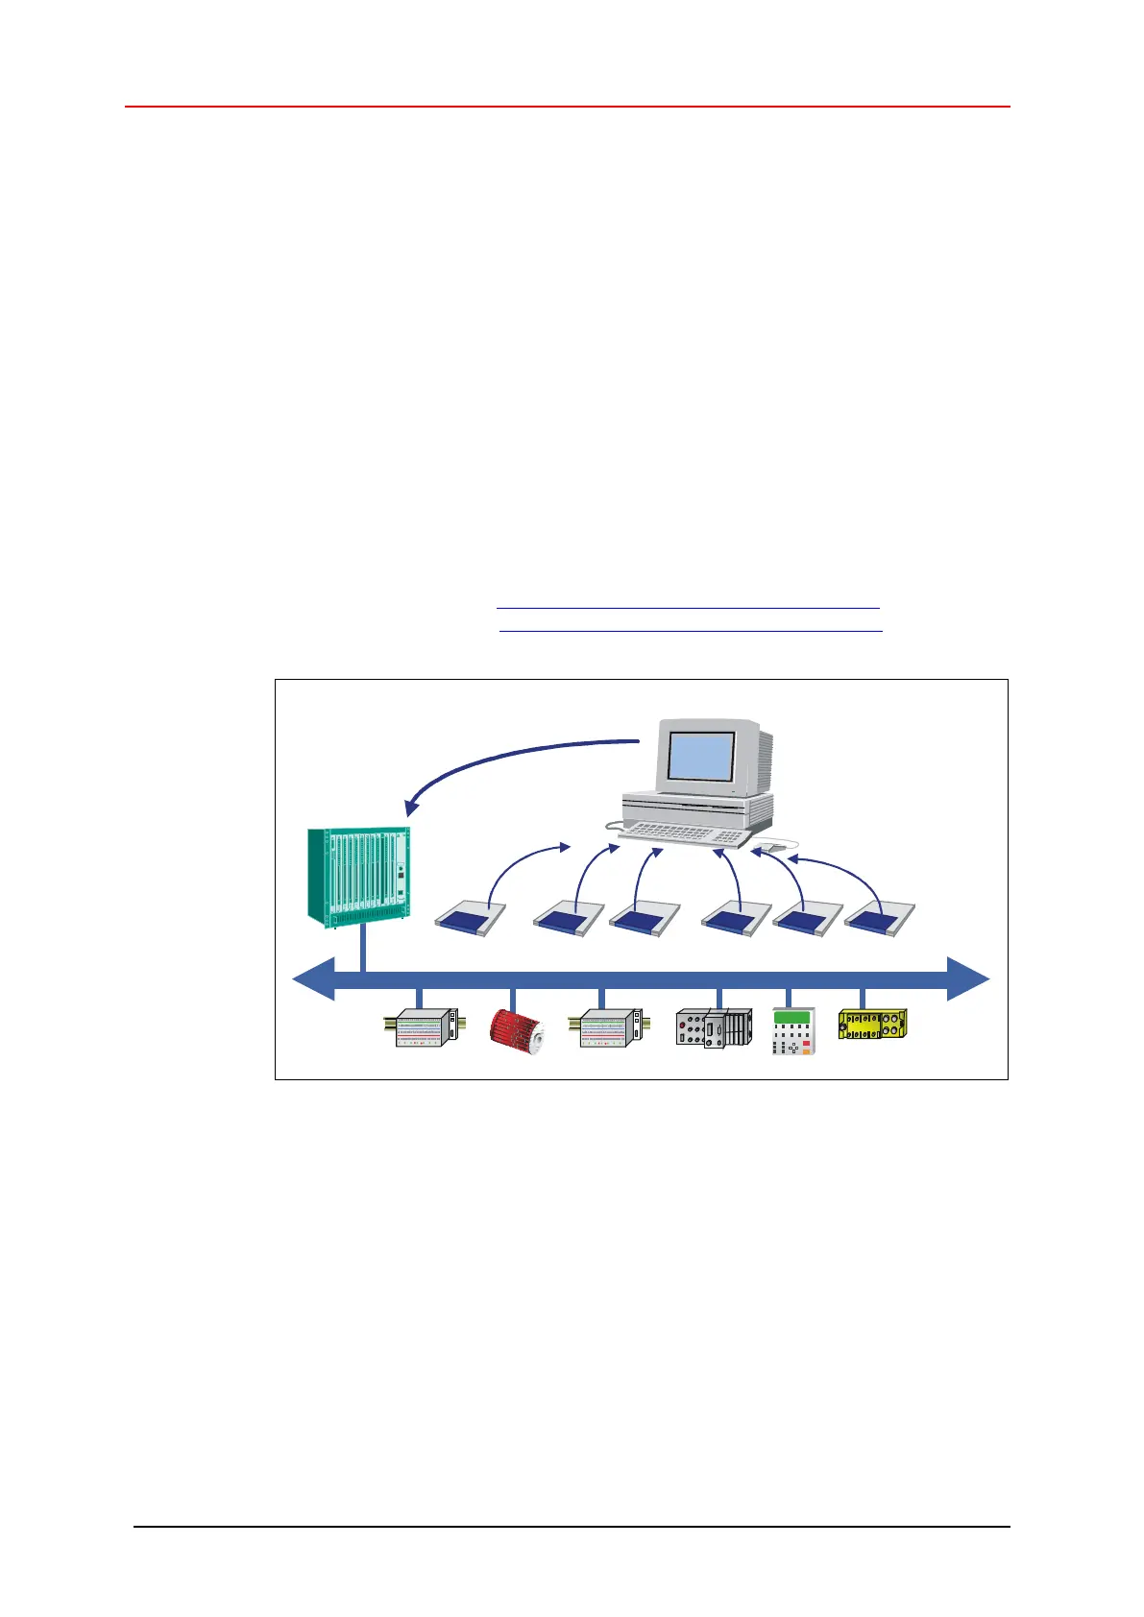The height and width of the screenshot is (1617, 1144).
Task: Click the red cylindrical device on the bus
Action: [517, 1030]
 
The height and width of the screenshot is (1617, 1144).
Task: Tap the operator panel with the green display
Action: [794, 1030]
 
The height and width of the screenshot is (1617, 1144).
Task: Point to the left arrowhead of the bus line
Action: [313, 979]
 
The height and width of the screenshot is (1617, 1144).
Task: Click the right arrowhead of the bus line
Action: [968, 979]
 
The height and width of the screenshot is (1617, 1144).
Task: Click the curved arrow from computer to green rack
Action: [499, 759]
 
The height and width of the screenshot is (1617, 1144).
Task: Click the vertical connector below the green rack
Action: [362, 949]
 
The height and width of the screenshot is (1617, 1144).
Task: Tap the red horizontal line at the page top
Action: [567, 107]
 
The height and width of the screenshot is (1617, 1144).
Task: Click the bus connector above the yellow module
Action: [862, 998]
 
